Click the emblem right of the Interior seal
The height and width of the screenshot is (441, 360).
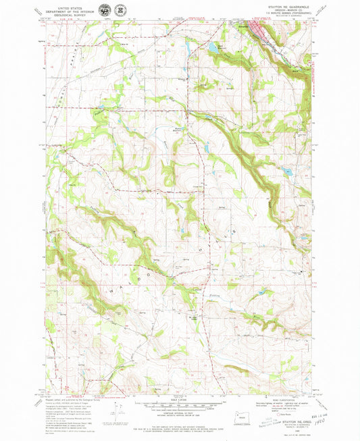coord(120,11)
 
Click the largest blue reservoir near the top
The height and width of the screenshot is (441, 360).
coord(213,48)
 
